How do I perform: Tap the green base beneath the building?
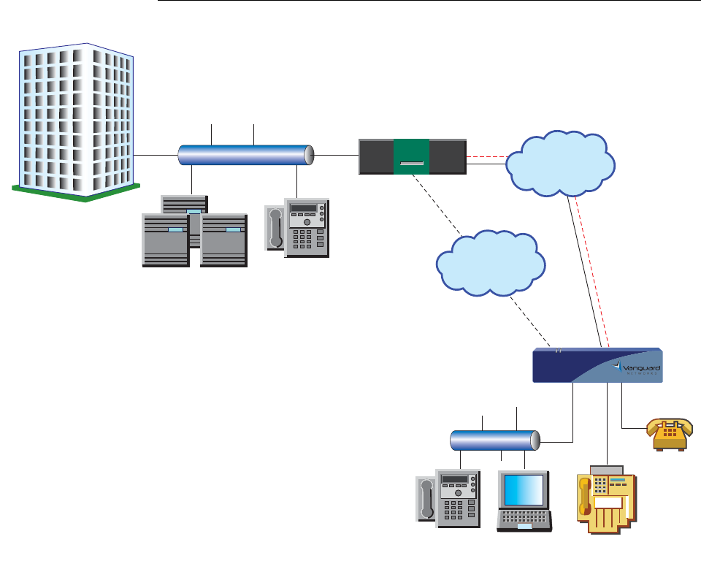click(76, 191)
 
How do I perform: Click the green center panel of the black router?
click(411, 156)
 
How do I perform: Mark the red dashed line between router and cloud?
click(486, 156)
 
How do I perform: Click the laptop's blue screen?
click(524, 490)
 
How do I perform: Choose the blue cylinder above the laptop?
click(494, 440)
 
